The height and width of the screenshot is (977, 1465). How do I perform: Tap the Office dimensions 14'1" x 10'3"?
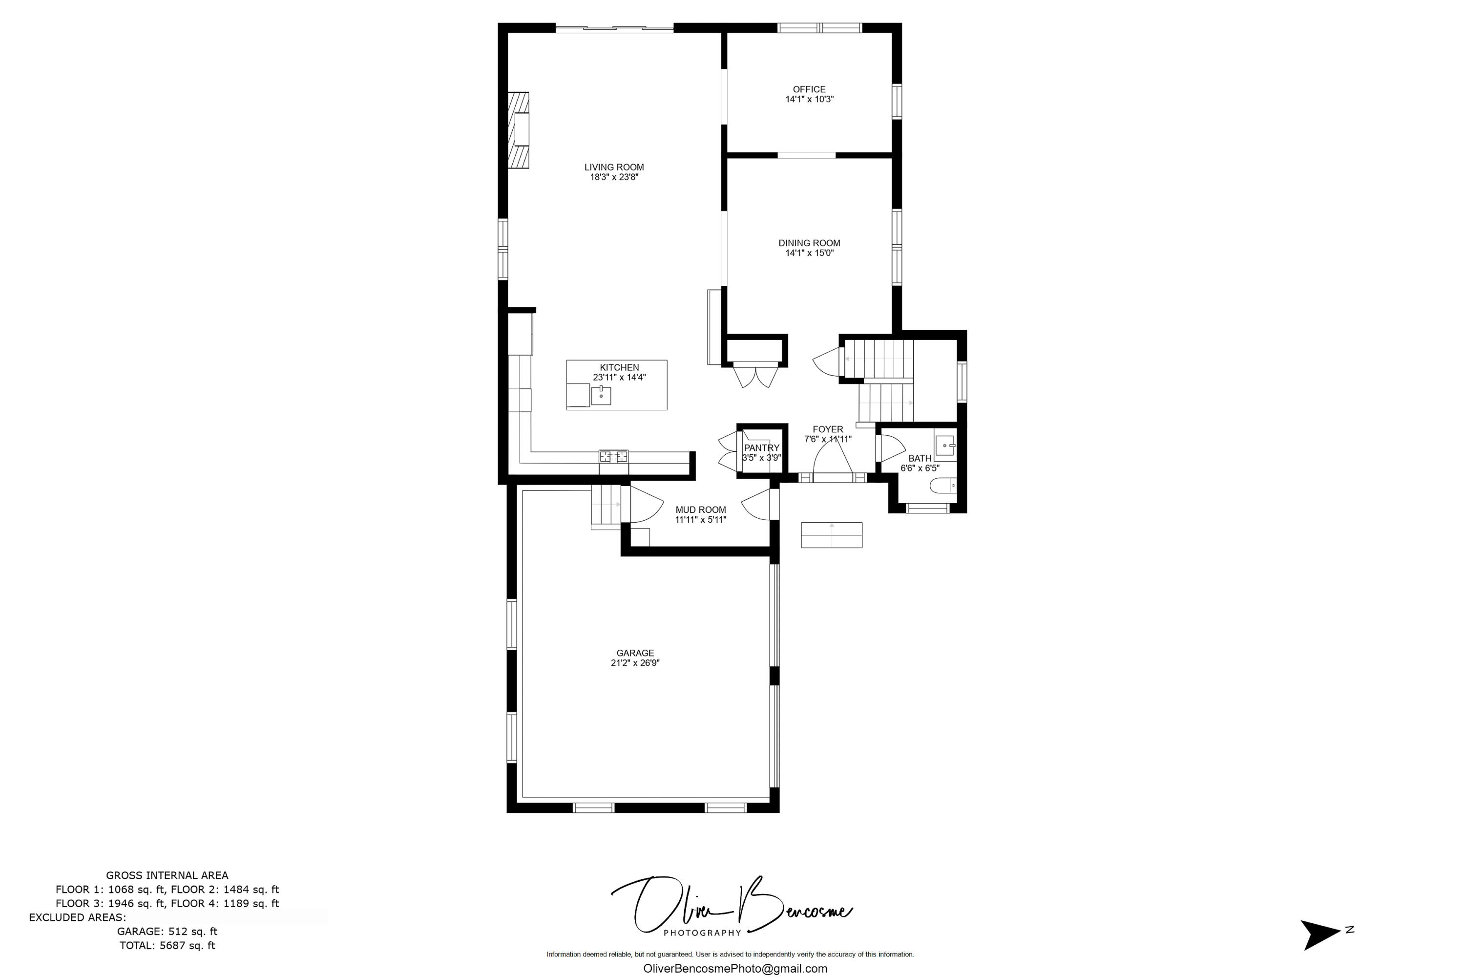click(809, 99)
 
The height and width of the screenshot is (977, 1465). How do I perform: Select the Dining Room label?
click(809, 243)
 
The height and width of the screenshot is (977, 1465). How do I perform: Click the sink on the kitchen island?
click(601, 395)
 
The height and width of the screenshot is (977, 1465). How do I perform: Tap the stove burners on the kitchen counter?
click(613, 457)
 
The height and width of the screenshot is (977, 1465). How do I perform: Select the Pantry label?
click(761, 448)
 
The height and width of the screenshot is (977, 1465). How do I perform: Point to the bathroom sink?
click(945, 446)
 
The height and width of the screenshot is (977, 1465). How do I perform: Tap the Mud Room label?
click(701, 510)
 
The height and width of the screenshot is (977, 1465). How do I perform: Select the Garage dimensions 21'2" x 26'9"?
click(635, 663)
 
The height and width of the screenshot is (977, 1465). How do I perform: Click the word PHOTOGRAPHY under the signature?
click(702, 933)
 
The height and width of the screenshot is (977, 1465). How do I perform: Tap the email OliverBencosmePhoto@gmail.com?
click(735, 969)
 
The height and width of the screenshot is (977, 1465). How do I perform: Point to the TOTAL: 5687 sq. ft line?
click(167, 945)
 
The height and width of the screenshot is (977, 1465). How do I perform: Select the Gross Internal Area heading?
click(167, 875)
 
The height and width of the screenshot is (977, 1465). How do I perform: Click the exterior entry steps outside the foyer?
click(832, 535)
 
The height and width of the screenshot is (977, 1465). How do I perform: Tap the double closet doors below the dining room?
click(755, 377)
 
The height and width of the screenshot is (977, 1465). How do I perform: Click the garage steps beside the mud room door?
click(606, 506)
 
